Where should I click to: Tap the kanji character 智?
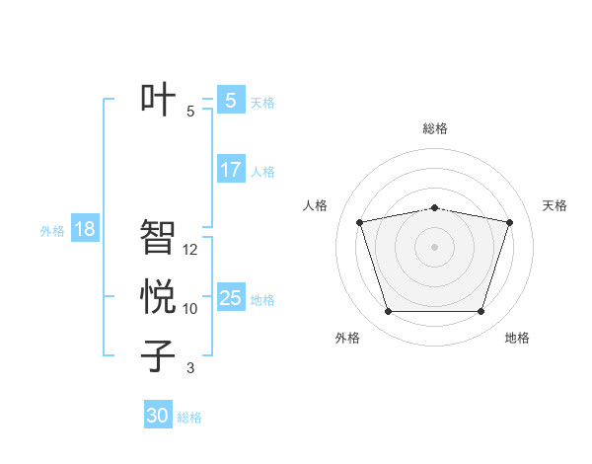158,236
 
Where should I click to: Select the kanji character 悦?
158,296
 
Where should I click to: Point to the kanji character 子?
158,355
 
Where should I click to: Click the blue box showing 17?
230,170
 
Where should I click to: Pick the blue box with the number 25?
230,298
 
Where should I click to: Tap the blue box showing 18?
85,229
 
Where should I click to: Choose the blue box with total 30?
158,416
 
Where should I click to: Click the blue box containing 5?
230,101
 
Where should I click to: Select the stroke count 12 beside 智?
190,250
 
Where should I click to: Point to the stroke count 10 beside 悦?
190,309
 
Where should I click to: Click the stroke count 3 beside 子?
190,368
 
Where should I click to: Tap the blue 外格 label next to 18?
52,231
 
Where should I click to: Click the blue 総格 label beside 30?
189,418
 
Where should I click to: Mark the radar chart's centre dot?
434,246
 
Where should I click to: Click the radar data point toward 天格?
509,222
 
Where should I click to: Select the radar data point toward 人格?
359,222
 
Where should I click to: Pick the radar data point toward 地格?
481,312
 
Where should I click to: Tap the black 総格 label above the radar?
434,128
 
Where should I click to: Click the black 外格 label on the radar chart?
347,338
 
